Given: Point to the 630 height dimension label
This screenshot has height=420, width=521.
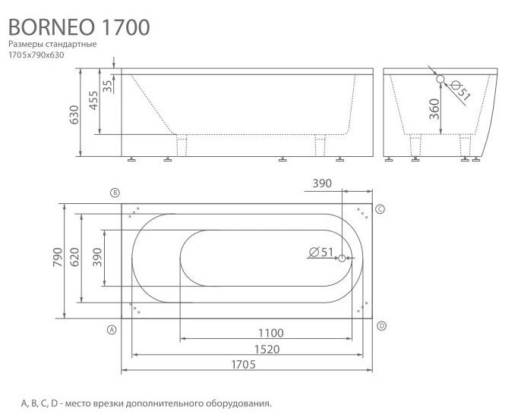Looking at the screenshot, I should click(74, 114).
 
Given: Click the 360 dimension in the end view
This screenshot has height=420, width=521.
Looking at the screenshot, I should click(433, 111).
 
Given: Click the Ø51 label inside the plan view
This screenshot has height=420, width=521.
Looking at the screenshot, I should click(322, 253).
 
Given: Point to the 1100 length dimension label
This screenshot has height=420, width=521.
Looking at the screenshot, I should click(270, 332).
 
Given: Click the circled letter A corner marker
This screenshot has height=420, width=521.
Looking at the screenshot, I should click(112, 330).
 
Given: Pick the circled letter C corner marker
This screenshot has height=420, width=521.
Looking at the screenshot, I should click(381, 208).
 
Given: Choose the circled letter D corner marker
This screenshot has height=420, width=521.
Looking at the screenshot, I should click(381, 325).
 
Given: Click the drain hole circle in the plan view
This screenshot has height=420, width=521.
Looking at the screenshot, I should click(343, 258).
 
